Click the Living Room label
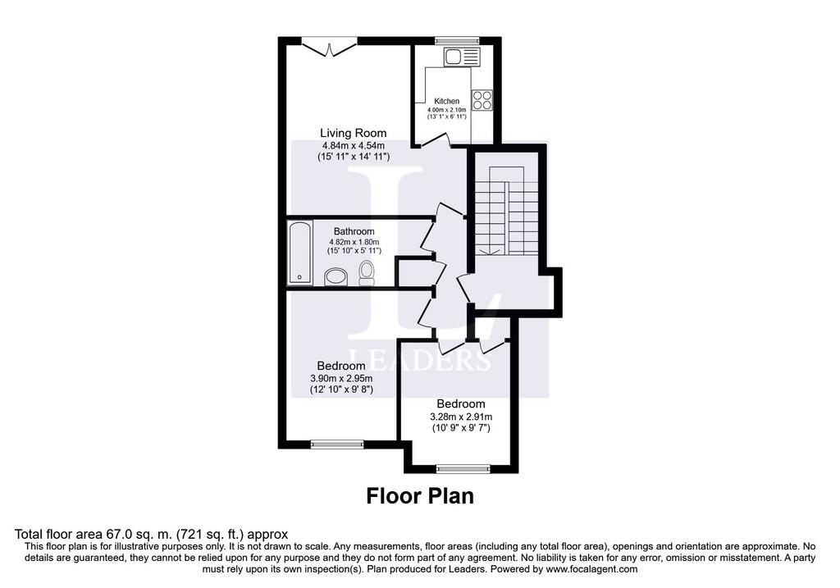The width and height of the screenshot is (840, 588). pos(353,133)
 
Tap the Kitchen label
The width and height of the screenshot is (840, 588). pos(446,101)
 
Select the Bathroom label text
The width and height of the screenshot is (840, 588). pos(354,231)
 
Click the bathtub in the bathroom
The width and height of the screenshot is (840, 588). pos(300,252)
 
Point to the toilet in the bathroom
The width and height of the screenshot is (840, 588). pos(367,274)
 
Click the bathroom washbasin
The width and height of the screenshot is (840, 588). pos(336,277)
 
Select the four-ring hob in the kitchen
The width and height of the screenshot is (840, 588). pos(482,100)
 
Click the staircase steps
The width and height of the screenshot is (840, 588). pos(506,211)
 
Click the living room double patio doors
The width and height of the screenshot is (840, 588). pos(330,47)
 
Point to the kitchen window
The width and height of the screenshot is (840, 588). pos(456,40)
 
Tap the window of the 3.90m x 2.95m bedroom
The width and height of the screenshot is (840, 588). pos(337,444)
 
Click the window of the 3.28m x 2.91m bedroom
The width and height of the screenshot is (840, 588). pos(463,469)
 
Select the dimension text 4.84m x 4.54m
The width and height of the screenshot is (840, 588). pos(353,146)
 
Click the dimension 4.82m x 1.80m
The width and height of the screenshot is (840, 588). pos(354,242)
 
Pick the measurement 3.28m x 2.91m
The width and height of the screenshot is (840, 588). pos(461,417)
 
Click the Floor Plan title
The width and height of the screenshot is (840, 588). pos(420,496)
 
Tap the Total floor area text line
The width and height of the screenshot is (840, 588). pos(151,535)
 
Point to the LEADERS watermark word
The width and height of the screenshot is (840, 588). pos(419,360)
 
